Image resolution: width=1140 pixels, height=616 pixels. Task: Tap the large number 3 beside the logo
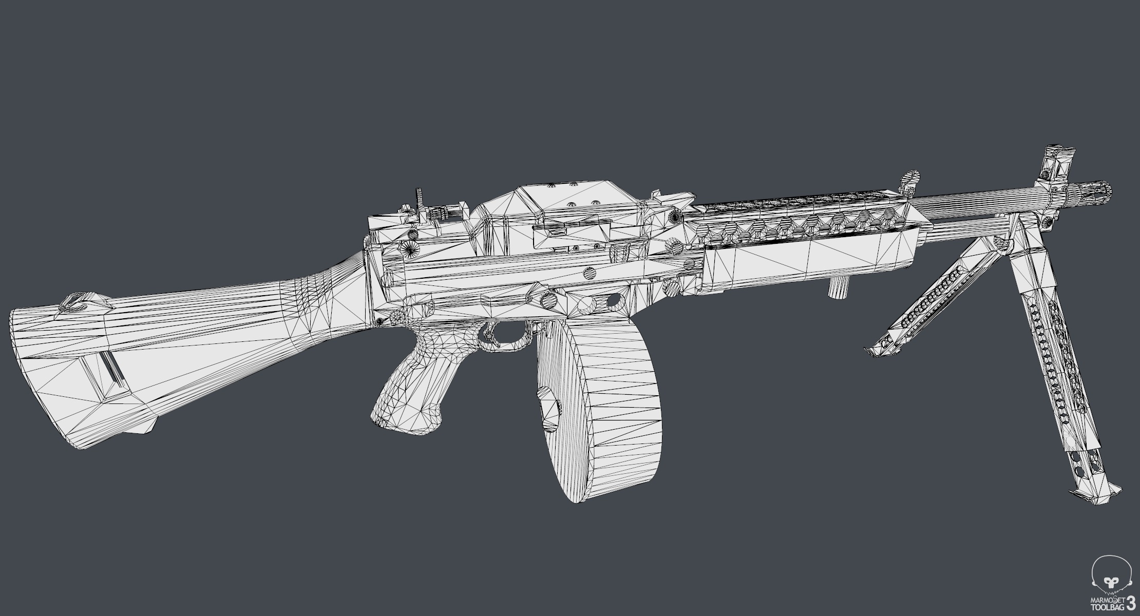tap(1130, 602)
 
